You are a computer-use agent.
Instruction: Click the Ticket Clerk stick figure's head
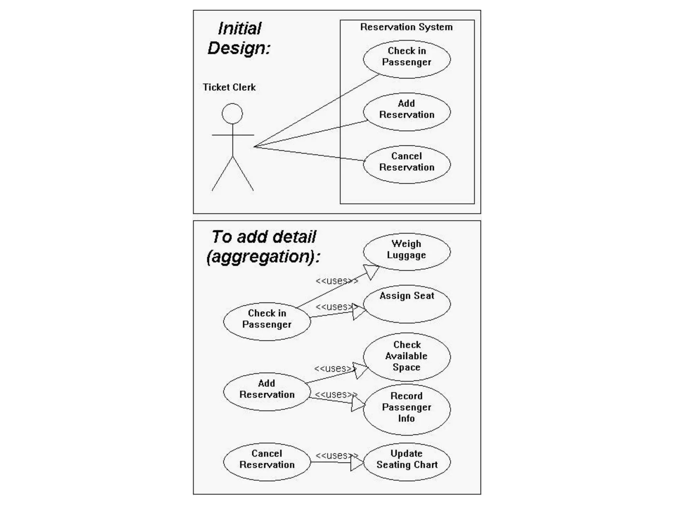click(x=232, y=114)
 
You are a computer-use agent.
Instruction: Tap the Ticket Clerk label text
click(x=229, y=87)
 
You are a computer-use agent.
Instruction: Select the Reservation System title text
click(x=406, y=27)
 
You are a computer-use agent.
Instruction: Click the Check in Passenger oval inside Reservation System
click(x=407, y=59)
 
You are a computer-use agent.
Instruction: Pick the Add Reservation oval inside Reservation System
click(x=407, y=112)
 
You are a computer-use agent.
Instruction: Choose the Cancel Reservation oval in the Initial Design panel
click(x=407, y=164)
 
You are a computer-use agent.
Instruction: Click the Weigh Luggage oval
click(x=407, y=252)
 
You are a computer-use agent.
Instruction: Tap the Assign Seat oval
click(x=407, y=304)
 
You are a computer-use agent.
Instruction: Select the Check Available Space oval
click(x=407, y=356)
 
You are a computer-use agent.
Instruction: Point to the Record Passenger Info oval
click(x=407, y=409)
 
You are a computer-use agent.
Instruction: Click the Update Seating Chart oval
click(x=407, y=462)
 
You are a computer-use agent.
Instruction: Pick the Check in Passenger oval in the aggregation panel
click(x=267, y=321)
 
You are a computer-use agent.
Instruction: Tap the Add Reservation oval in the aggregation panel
click(x=267, y=391)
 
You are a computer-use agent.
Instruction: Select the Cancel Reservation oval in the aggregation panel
click(x=267, y=462)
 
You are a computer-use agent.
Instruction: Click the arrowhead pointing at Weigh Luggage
click(x=371, y=271)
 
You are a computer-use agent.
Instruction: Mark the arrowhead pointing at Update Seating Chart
click(x=357, y=463)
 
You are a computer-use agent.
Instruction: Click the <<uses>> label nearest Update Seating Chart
click(x=337, y=455)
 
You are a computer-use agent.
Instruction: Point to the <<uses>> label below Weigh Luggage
click(x=337, y=281)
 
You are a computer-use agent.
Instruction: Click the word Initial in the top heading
click(x=240, y=29)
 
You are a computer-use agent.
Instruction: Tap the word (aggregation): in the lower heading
click(x=263, y=257)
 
